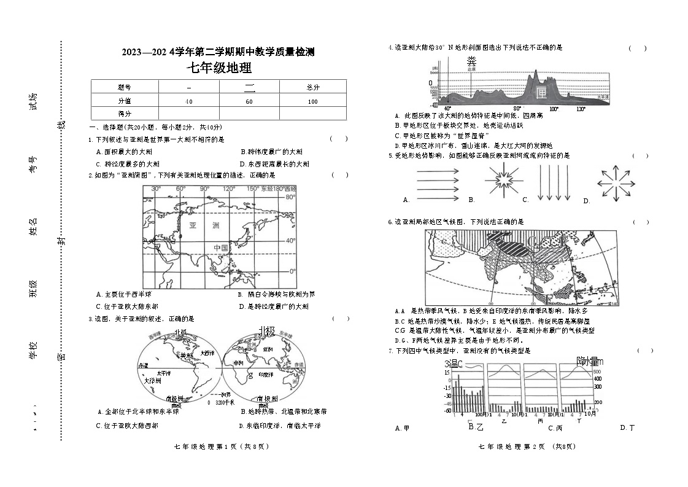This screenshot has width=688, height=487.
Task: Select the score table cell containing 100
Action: [x=312, y=101]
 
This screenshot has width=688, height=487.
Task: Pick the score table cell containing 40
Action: [x=188, y=101]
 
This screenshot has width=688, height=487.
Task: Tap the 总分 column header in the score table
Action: [x=312, y=88]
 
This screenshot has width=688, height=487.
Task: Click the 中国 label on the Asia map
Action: [x=221, y=247]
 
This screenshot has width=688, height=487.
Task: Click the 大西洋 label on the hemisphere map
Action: [x=208, y=353]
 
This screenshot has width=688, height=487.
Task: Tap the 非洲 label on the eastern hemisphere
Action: [x=239, y=364]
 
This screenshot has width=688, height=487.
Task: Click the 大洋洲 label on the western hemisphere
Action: [x=152, y=381]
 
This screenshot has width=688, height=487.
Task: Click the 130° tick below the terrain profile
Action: [x=580, y=109]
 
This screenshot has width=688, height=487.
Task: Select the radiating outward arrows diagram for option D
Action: [x=616, y=182]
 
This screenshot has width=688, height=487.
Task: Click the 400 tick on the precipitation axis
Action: [x=597, y=379]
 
